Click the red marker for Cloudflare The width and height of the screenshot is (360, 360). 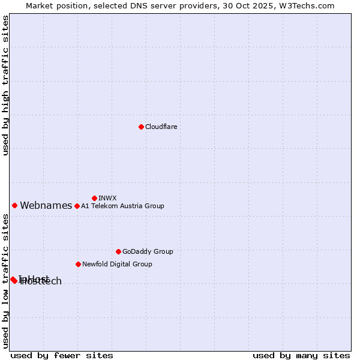coord(141,127)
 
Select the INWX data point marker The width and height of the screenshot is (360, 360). coord(94,198)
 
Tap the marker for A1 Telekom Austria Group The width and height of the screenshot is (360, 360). coord(77,206)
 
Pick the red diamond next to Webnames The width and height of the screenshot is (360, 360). coord(14,205)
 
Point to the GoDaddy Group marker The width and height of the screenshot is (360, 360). coord(118,251)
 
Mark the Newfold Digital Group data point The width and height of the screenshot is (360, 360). coord(78,264)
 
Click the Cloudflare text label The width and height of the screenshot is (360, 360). coord(161,127)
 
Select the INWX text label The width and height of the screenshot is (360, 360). coord(107,198)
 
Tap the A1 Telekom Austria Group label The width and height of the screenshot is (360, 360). coord(122,206)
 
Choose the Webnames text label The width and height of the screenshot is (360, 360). coord(46,205)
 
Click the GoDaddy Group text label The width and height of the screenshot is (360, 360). coord(148,251)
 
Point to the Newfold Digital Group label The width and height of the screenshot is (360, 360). coord(117,264)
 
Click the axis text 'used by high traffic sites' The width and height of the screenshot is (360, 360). coord(5,85)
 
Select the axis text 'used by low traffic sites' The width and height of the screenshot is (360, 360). coord(5,281)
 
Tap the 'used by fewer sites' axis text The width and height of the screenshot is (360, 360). coord(62,355)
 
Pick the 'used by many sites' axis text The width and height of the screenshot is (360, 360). coord(301,355)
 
